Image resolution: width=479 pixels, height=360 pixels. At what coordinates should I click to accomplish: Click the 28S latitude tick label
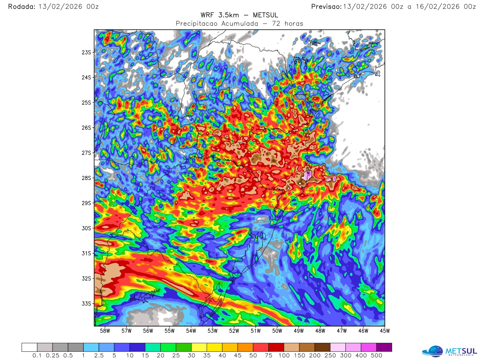click(86, 178)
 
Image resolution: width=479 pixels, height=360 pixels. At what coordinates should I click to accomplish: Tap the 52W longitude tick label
click(234, 331)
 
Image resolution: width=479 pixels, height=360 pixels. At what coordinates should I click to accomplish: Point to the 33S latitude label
click(86, 304)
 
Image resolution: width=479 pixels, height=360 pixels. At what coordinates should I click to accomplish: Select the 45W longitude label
click(385, 331)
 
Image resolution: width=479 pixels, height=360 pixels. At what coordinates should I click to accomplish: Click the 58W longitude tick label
click(105, 331)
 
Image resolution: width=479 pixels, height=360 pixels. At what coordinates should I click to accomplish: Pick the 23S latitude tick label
click(86, 52)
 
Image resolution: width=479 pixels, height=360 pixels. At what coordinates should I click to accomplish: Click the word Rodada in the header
click(22, 7)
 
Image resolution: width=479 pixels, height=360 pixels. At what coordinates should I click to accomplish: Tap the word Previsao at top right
click(326, 7)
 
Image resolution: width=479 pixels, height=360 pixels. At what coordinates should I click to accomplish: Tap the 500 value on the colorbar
click(376, 356)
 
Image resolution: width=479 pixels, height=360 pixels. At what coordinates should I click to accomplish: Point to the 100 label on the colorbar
click(284, 356)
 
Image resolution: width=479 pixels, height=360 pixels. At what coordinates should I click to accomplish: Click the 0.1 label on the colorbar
click(37, 356)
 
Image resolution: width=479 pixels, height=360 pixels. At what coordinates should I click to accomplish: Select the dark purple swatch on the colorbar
click(384, 347)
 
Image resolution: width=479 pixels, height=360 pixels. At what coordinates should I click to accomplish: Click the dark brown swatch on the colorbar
click(322, 347)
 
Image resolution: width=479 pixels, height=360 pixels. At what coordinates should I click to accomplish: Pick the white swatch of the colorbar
click(29, 347)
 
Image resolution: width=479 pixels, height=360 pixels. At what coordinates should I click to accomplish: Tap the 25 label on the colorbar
click(176, 356)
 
